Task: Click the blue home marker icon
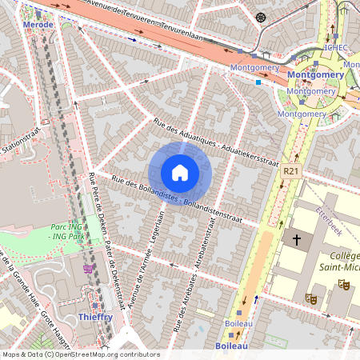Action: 180,173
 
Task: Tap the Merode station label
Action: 38,25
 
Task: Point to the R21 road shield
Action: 290,171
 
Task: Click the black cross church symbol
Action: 297,239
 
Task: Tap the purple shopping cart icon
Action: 87,268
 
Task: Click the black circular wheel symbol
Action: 260,18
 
